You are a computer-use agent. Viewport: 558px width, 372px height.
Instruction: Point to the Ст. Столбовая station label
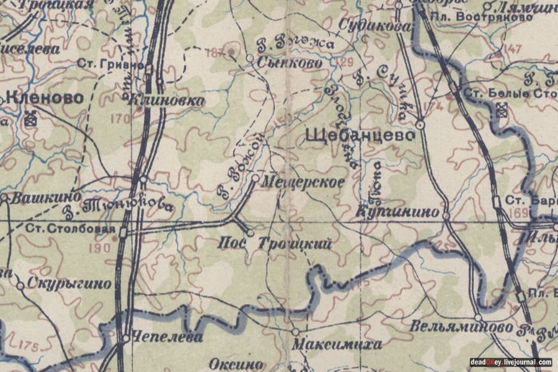[70, 228]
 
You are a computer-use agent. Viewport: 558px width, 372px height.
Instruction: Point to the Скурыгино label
[69, 285]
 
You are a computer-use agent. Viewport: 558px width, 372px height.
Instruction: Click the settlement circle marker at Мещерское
[255, 179]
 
